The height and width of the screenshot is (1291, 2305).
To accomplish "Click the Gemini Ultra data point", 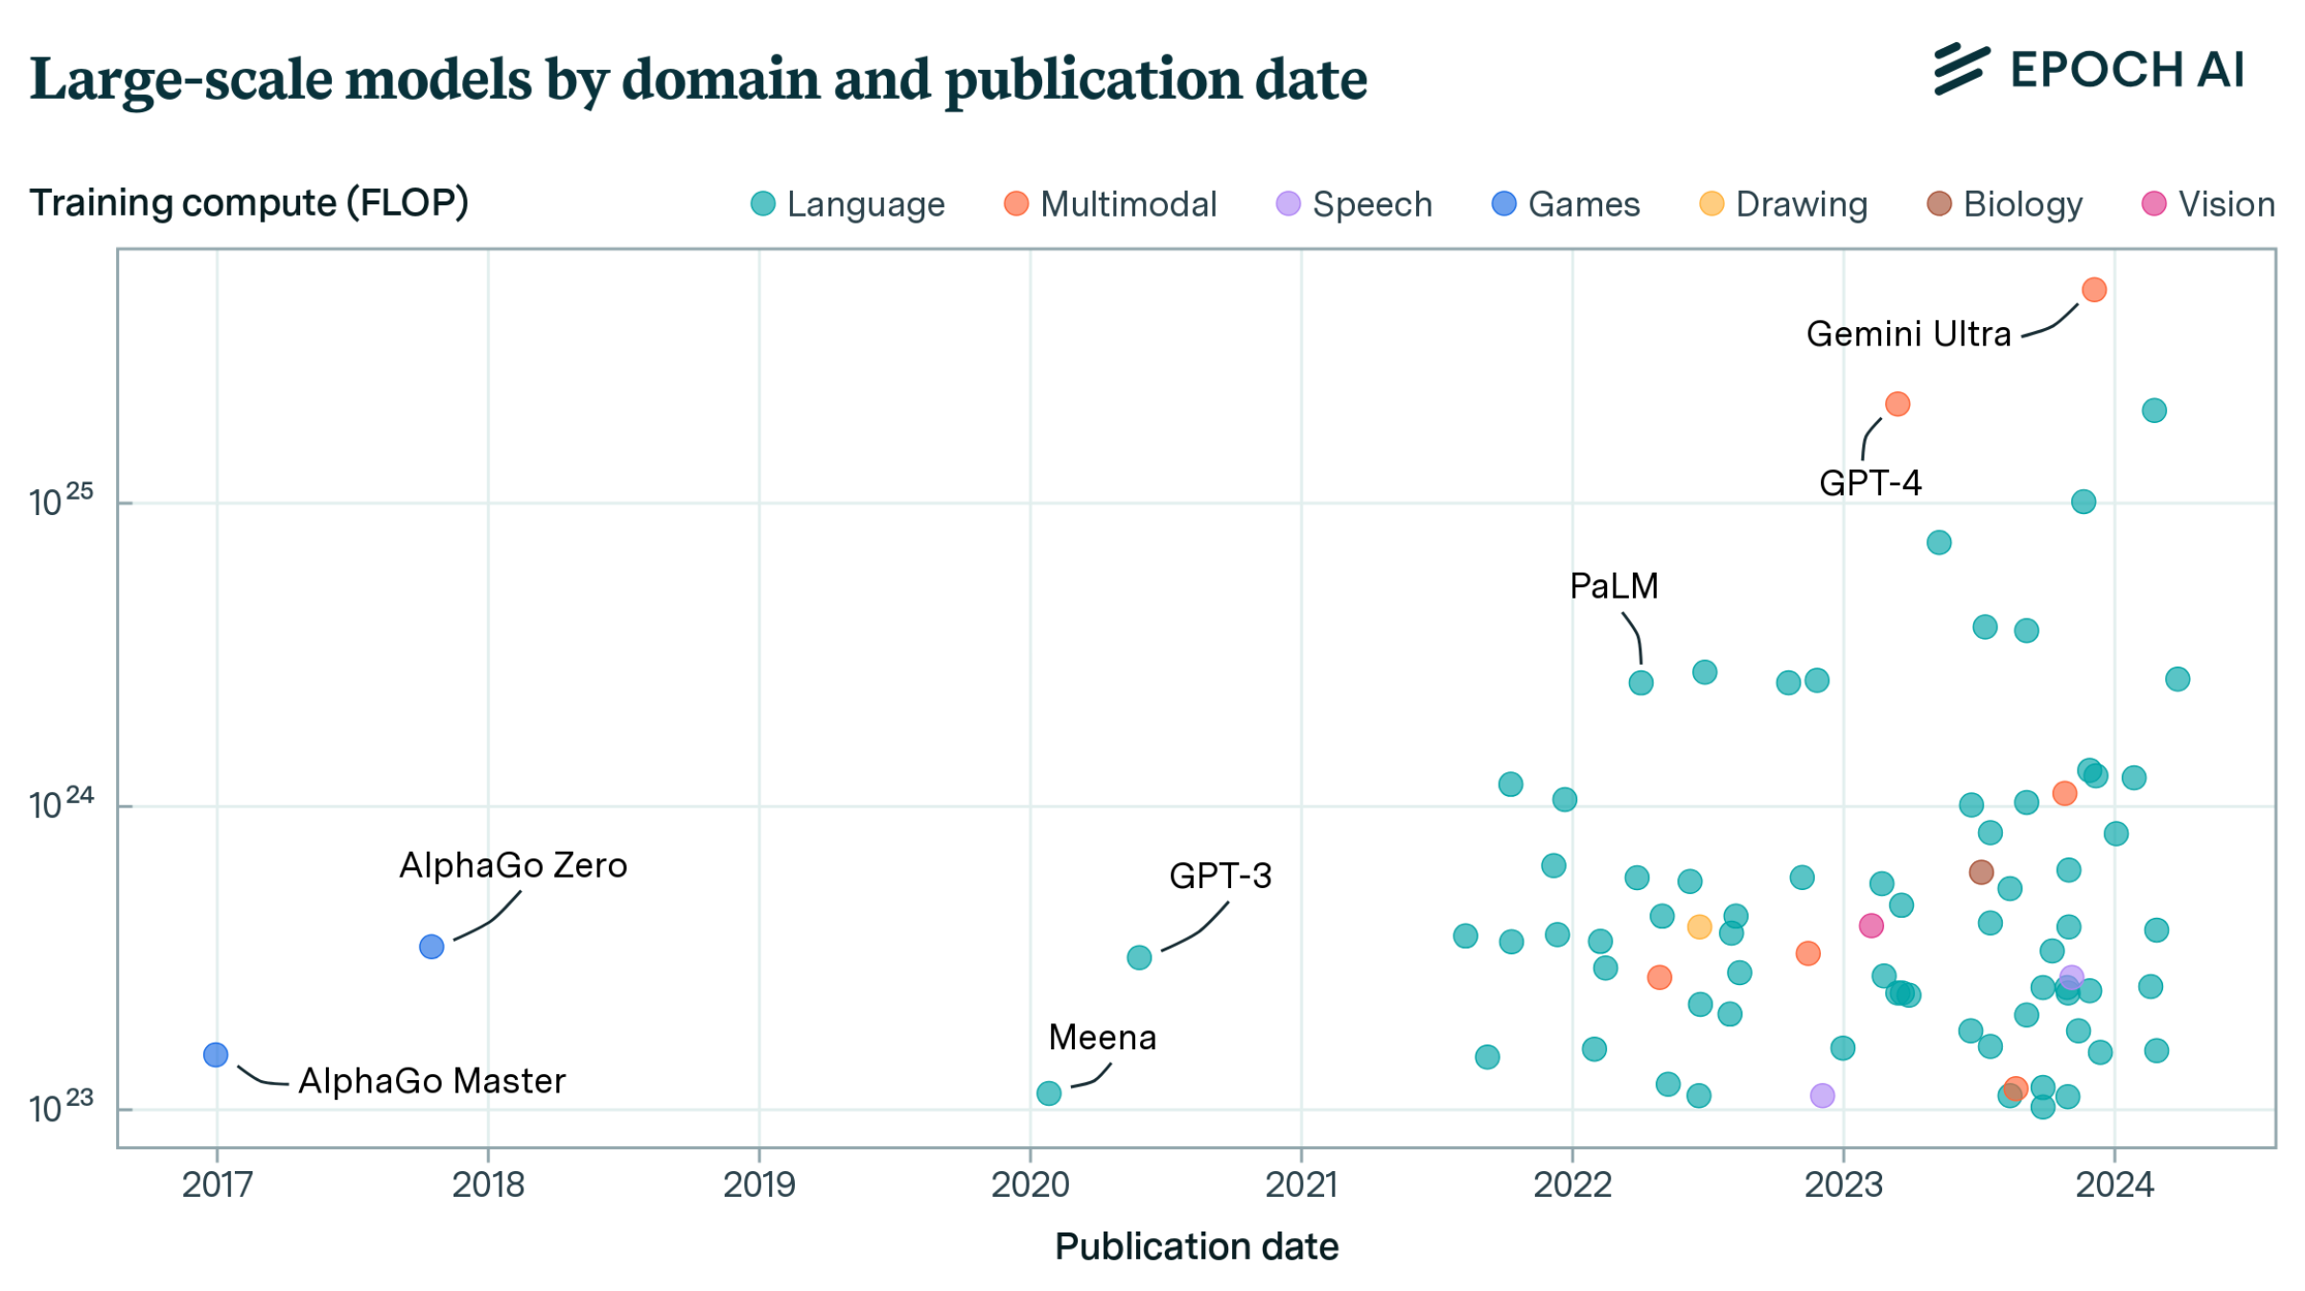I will pyautogui.click(x=2093, y=290).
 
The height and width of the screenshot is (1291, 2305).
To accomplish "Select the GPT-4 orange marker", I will pyautogui.click(x=1897, y=404).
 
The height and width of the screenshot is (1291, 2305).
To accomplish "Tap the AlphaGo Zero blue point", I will pyautogui.click(x=431, y=947).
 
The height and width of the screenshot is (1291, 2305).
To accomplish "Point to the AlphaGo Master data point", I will pyautogui.click(x=216, y=1054).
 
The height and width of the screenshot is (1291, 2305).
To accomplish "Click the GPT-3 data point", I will pyautogui.click(x=1138, y=956).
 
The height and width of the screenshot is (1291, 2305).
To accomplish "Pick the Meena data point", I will pyautogui.click(x=1048, y=1092).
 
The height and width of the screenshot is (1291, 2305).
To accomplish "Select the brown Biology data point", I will pyautogui.click(x=1980, y=872).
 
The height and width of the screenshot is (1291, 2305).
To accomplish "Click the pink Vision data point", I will pyautogui.click(x=1870, y=926).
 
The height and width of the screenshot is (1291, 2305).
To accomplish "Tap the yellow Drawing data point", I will pyautogui.click(x=1698, y=927).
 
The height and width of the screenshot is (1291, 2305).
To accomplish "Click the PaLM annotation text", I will pyautogui.click(x=1613, y=586).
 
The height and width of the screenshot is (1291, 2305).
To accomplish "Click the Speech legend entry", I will pyautogui.click(x=1354, y=204).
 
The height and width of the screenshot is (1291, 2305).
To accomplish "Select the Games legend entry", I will pyautogui.click(x=1566, y=204).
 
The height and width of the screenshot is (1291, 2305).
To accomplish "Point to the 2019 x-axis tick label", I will pyautogui.click(x=758, y=1185).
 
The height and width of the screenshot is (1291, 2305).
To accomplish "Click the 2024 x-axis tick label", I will pyautogui.click(x=2114, y=1185).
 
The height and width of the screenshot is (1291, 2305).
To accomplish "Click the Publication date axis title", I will pyautogui.click(x=1196, y=1247).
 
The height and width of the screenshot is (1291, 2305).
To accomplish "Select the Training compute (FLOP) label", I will pyautogui.click(x=248, y=203).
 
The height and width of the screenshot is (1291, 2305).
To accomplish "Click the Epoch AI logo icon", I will pyautogui.click(x=1961, y=69).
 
